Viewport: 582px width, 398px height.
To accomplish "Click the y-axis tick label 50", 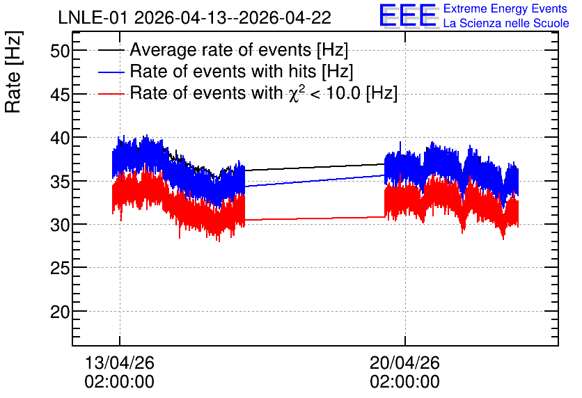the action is [60, 51].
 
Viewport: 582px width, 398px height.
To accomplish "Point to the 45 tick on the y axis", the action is [60, 95].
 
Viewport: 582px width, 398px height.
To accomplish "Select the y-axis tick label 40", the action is [60, 138].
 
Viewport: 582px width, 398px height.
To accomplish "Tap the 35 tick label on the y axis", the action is [60, 182].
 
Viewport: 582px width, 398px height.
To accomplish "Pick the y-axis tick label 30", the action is [60, 225].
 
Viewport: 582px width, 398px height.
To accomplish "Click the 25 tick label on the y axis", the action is [60, 268].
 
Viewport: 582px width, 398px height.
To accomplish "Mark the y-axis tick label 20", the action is [60, 312].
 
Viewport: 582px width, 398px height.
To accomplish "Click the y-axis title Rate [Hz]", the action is [13, 72].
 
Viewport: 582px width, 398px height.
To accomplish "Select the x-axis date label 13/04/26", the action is [120, 363].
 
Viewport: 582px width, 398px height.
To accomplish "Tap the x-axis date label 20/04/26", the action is [404, 363].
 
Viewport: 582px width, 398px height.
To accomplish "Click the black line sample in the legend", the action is [111, 50].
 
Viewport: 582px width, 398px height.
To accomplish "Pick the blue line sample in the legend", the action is [111, 72].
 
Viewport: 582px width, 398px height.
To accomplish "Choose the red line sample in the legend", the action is [111, 94].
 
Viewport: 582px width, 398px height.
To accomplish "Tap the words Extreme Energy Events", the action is [505, 8].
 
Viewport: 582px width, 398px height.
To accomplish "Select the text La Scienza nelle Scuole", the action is [506, 23].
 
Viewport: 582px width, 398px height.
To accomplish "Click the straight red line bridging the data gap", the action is [315, 218].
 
